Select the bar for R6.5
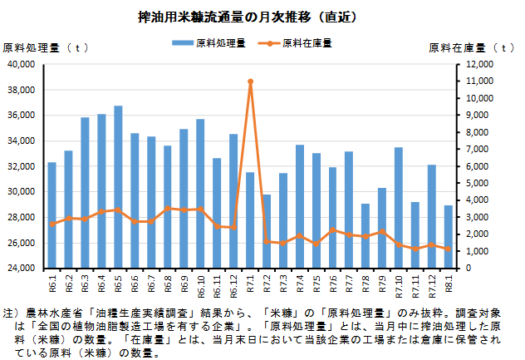(x=118, y=187)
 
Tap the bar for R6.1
(x=52, y=215)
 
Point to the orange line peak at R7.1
(x=250, y=81)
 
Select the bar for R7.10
(x=399, y=208)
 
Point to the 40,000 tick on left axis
(x=19, y=64)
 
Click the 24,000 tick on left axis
(x=19, y=269)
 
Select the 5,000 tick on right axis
(x=483, y=183)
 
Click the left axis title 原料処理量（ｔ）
(x=47, y=47)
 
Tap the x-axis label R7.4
(x=300, y=284)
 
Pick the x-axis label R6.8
(x=168, y=284)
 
